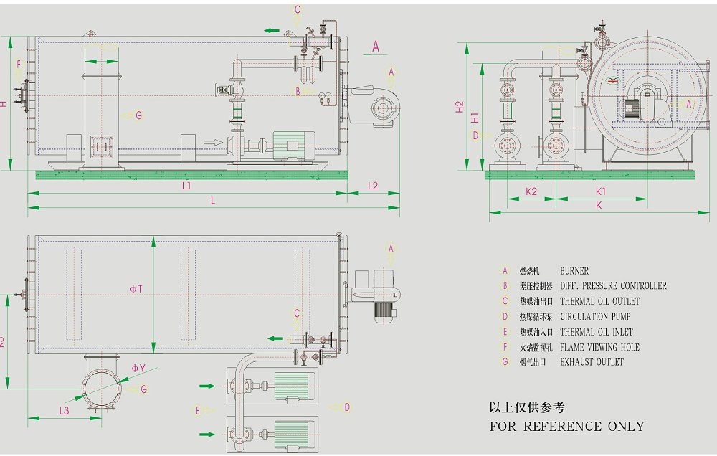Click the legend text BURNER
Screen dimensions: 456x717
pyautogui.click(x=574, y=271)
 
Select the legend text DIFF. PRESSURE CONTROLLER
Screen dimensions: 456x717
pyautogui.click(x=613, y=286)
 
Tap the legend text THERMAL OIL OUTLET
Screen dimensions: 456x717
pyautogui.click(x=599, y=301)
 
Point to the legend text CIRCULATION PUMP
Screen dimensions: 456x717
pyautogui.click(x=595, y=316)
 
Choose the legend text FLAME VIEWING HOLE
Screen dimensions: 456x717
pyautogui.click(x=599, y=347)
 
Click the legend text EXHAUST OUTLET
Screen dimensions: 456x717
pyautogui.click(x=592, y=362)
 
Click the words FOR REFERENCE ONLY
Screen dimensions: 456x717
pyautogui.click(x=566, y=426)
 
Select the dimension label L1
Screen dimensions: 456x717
pyautogui.click(x=186, y=186)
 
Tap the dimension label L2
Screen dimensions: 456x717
pyautogui.click(x=373, y=186)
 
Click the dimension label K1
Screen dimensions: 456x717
pyautogui.click(x=601, y=191)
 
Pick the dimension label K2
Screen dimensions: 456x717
pyautogui.click(x=531, y=191)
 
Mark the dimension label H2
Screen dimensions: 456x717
pyautogui.click(x=460, y=107)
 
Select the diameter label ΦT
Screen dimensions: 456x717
pyautogui.click(x=136, y=289)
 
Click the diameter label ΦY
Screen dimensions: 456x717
pyautogui.click(x=138, y=369)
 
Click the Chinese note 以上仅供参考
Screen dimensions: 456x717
pyautogui.click(x=526, y=407)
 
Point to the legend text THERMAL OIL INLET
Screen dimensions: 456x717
pyautogui.click(x=597, y=332)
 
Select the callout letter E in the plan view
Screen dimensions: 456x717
pyautogui.click(x=197, y=410)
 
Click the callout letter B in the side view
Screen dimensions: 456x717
pyautogui.click(x=298, y=91)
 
